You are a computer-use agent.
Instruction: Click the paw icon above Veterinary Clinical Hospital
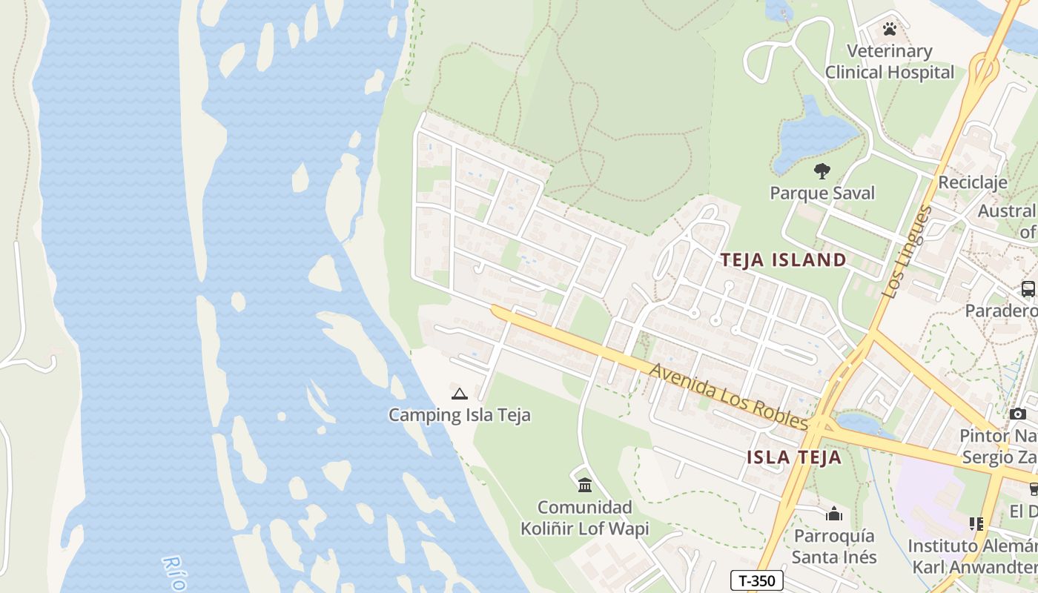889,29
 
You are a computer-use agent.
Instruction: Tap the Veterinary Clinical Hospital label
889,62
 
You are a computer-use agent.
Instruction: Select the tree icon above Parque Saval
822,171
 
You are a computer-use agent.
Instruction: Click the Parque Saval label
822,193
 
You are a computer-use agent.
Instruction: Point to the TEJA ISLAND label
784,259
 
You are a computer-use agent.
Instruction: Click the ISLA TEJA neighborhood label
794,457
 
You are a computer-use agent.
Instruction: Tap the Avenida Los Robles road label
728,396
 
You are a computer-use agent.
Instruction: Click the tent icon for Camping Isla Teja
460,394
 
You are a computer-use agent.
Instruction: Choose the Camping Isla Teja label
460,415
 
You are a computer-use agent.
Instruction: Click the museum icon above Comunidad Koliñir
585,486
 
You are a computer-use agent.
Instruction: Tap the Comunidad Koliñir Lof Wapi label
585,518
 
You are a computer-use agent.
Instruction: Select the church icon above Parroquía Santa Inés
834,514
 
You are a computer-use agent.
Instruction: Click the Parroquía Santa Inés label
834,546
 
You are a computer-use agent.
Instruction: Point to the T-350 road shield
757,580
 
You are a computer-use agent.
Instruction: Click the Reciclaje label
973,182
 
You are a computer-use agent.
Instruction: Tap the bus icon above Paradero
1028,289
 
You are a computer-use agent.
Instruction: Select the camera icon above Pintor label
1018,414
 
